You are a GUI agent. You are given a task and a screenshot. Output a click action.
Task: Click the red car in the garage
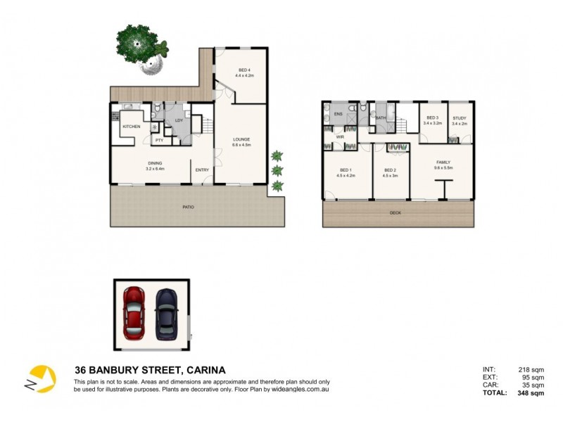coord(134,311)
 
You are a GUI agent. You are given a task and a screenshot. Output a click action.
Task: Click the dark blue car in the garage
coord(166,311)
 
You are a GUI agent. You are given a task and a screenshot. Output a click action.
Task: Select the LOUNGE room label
coord(242,139)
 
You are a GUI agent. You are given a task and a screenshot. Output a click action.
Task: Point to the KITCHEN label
coord(132,127)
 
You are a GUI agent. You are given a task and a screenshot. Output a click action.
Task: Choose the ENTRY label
coord(202,170)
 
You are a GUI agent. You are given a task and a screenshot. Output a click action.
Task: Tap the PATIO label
coord(189,207)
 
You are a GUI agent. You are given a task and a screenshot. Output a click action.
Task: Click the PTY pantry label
coord(160,140)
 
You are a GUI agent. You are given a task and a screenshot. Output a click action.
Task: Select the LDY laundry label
coord(179,120)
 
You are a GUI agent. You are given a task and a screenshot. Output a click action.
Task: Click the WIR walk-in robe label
coord(339,136)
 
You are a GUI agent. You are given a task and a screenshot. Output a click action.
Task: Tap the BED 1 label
coord(346,170)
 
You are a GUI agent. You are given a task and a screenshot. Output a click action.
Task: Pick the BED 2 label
coord(390,170)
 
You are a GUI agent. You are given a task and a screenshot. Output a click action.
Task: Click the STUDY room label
coord(460,118)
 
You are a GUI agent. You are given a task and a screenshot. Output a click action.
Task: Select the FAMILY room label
coord(443,162)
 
